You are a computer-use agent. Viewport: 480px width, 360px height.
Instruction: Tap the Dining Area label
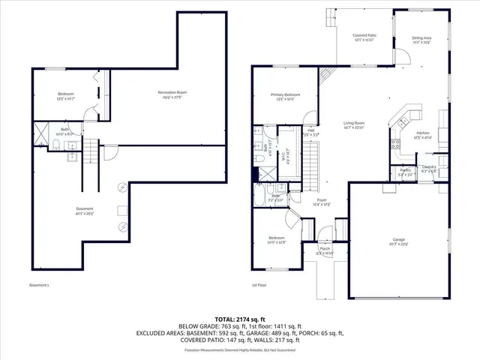point(421,40)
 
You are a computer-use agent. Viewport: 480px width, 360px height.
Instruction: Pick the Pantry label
point(405,172)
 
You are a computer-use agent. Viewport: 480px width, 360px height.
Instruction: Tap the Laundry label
point(428,168)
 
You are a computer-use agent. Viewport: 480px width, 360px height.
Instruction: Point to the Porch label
point(325,250)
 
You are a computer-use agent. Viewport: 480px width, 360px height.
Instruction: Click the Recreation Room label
point(172,94)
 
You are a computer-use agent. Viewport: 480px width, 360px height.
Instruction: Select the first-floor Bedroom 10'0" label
point(277,239)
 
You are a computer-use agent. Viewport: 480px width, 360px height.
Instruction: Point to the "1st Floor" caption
point(260,286)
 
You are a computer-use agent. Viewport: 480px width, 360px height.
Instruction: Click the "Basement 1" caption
point(39,286)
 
